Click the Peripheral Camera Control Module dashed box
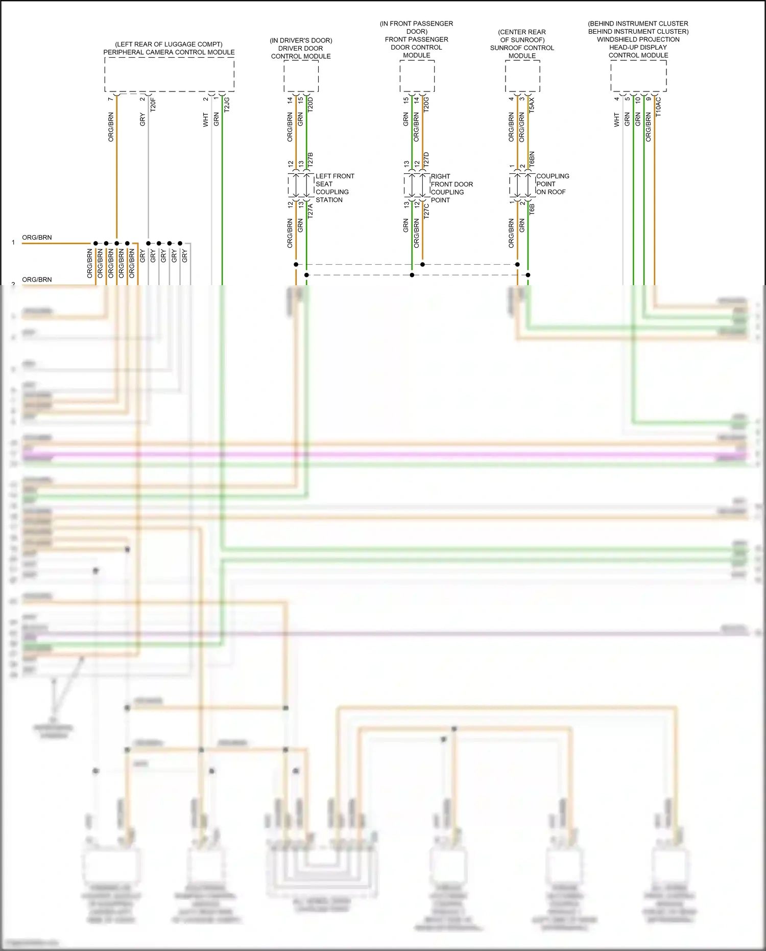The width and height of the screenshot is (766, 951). tap(169, 75)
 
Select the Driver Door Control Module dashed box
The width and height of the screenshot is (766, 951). tap(301, 77)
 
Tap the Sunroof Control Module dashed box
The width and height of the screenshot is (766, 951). tap(522, 77)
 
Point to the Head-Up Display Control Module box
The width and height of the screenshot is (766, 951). tap(638, 77)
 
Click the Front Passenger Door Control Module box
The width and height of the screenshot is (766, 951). tap(417, 77)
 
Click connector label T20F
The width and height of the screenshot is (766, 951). tap(153, 105)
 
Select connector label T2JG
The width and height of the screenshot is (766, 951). tap(227, 104)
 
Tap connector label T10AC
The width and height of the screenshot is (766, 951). tap(658, 107)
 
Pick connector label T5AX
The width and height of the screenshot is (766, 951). tap(532, 105)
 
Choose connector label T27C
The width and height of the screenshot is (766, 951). tap(426, 210)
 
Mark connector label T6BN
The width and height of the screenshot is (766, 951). tap(532, 159)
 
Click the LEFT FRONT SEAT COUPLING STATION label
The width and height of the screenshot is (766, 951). tap(334, 188)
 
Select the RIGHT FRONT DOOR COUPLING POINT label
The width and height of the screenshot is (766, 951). tap(451, 188)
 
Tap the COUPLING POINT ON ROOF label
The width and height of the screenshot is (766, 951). tap(552, 184)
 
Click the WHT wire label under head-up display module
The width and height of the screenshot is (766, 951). tap(616, 120)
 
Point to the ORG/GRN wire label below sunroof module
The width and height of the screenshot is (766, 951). tap(521, 127)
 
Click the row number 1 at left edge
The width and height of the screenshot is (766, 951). tap(13, 243)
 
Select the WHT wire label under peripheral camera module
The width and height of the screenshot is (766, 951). tap(205, 120)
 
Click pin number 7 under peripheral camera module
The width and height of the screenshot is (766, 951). tap(110, 99)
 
